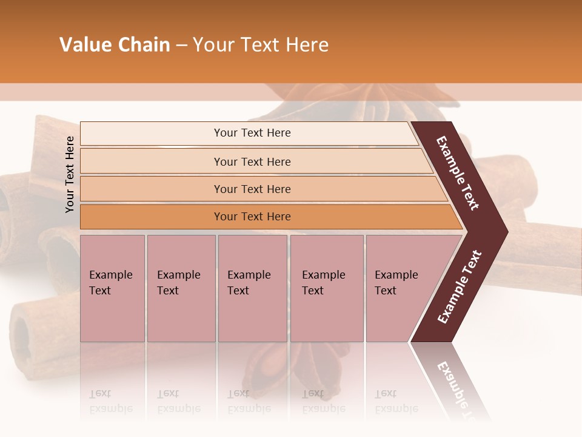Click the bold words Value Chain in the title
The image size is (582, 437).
(115, 45)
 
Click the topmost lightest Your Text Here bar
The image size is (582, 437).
(252, 133)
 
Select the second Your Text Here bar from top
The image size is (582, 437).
(252, 161)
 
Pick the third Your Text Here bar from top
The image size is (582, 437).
(252, 189)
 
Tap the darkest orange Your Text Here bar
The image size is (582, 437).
(252, 217)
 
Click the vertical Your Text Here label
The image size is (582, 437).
(70, 174)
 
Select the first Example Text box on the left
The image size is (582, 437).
(112, 288)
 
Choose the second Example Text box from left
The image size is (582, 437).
(181, 288)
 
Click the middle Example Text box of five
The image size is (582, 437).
(252, 288)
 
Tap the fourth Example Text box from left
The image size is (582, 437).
(327, 288)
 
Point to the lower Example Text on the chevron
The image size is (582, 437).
(460, 287)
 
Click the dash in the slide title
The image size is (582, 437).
(181, 45)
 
